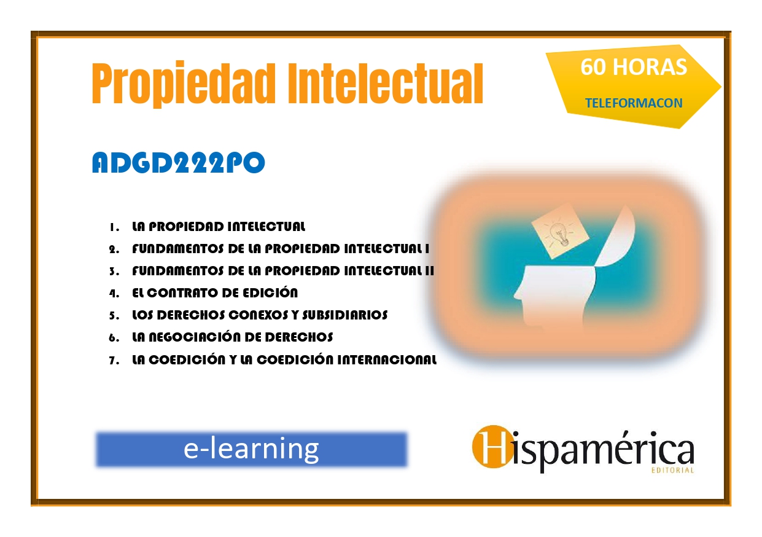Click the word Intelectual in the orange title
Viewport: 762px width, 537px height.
386,83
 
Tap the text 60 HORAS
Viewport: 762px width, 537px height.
634,67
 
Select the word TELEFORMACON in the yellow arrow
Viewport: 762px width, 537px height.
634,103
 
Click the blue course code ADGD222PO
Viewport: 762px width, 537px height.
178,162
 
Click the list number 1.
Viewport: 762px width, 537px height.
114,227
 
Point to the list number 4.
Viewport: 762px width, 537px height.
114,293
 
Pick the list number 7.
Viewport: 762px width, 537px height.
114,361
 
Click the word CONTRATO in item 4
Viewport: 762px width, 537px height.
182,292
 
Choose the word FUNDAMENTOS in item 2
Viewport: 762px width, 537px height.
178,249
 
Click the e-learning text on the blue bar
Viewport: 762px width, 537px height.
251,449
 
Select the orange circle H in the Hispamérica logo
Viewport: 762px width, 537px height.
492,447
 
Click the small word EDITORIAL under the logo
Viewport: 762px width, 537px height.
672,471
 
